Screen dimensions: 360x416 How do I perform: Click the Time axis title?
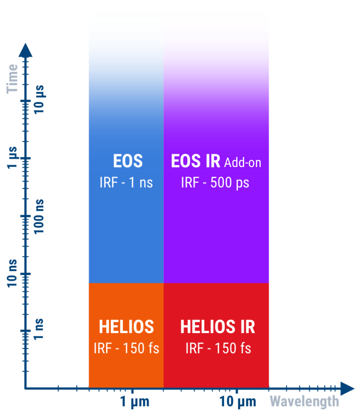[12, 79]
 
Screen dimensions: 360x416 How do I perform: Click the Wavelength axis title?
[304, 401]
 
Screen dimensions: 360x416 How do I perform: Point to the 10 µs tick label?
[39, 99]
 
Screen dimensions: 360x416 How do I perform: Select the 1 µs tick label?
[12, 157]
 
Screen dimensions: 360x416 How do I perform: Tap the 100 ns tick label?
[39, 216]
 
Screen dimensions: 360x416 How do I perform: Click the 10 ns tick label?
[12, 273]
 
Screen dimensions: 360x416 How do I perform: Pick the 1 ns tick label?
[38, 329]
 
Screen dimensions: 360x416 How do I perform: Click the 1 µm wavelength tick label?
[135, 401]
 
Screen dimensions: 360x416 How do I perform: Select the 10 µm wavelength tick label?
[238, 401]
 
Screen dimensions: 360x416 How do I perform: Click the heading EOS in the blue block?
[128, 161]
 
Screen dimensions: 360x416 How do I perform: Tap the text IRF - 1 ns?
[126, 183]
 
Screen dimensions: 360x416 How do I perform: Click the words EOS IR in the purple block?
[196, 161]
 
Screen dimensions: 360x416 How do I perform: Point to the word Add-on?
[243, 163]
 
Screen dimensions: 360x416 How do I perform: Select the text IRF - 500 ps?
[215, 183]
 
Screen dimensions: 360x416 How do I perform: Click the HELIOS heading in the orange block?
[127, 326]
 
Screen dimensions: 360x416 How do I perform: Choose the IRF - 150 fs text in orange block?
[127, 348]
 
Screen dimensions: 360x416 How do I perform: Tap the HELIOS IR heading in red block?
[218, 326]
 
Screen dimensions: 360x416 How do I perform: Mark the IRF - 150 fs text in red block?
[218, 348]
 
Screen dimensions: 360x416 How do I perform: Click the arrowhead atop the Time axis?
[25, 50]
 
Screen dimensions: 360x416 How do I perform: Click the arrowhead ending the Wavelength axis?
[347, 389]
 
